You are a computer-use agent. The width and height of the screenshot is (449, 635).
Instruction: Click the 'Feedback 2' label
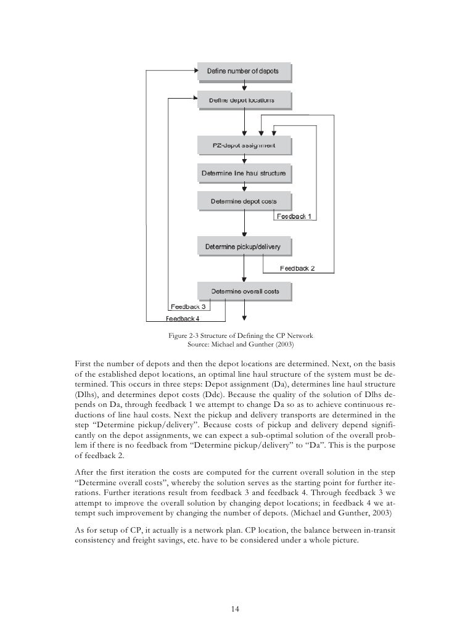pyautogui.click(x=298, y=268)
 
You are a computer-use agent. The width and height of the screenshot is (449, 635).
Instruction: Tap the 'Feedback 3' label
pyautogui.click(x=187, y=306)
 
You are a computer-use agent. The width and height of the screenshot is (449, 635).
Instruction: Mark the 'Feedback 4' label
pyautogui.click(x=183, y=319)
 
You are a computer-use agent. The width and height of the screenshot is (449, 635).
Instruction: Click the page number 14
pyautogui.click(x=234, y=609)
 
